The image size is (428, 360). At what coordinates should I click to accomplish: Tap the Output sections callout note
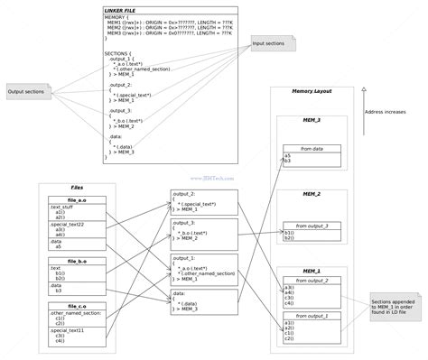[x=26, y=91]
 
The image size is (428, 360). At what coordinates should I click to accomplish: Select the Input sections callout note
[x=271, y=42]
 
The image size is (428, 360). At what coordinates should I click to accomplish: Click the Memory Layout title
[x=311, y=91]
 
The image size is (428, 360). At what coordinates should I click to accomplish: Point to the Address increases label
[x=392, y=112]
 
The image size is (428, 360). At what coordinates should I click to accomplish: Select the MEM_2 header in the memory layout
[x=311, y=193]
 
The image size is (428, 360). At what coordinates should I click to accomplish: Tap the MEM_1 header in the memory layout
[x=311, y=270]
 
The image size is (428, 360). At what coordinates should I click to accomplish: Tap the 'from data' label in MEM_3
[x=312, y=147]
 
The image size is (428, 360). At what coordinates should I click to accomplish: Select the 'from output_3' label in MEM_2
[x=312, y=225]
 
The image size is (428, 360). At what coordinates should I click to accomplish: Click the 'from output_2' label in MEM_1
[x=312, y=280]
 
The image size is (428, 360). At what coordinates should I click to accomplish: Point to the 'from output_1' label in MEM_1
[x=312, y=315]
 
